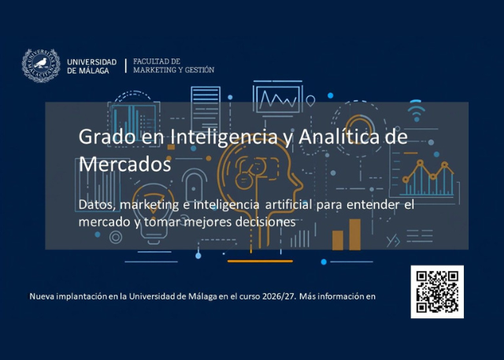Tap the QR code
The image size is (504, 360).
(x=436, y=291)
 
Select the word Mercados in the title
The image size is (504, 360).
(x=124, y=165)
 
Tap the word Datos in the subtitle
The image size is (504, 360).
(x=96, y=205)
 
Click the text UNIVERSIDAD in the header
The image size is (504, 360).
(x=92, y=61)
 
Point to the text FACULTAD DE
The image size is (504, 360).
(x=157, y=61)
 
